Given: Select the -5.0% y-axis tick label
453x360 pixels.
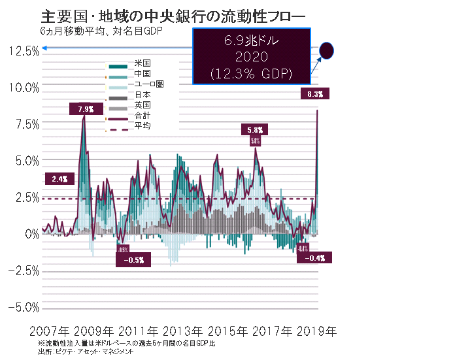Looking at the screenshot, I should tap(24, 307).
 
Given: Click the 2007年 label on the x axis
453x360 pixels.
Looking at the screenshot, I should tap(51, 331).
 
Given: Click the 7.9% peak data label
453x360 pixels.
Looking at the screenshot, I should tap(86, 108).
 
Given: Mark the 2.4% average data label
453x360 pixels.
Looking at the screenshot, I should tap(59, 178).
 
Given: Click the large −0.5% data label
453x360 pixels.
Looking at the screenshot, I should tap(133, 259).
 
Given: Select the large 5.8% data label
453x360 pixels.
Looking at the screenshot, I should tap(256, 129).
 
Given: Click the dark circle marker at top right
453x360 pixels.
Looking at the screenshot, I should tap(327, 50).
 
